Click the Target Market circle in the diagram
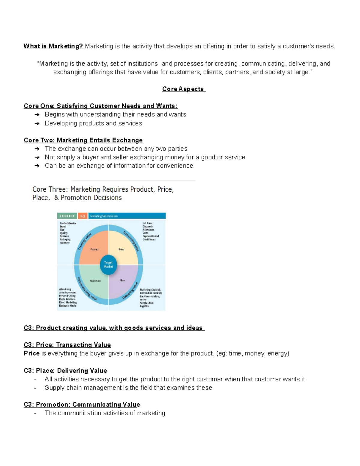tap(108, 265)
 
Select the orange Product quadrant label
tap(94, 249)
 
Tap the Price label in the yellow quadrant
tap(121, 249)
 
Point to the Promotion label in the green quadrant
tap(95, 281)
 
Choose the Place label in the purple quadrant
tap(122, 280)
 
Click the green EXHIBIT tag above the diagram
tap(67, 216)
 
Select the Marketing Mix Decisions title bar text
tap(104, 216)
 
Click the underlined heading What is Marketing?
tap(53, 46)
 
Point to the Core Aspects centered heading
tap(183, 89)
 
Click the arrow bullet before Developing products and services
tap(37, 123)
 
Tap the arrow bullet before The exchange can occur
tap(37, 149)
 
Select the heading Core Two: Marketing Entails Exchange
tap(83, 140)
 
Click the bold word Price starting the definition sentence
tap(31, 353)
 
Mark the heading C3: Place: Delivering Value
tap(65, 371)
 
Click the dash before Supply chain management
tap(35, 388)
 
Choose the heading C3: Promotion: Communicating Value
tap(82, 404)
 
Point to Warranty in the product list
tap(65, 243)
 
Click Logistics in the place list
tap(144, 306)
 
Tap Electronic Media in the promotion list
tap(68, 306)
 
